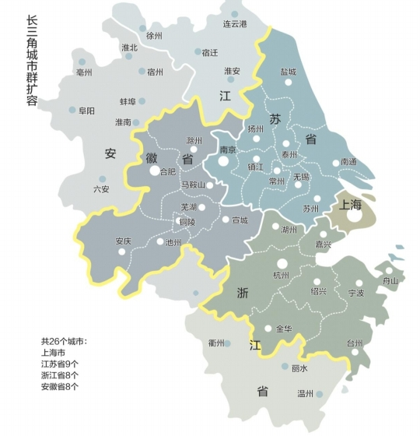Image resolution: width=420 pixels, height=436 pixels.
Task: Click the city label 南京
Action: pyautogui.click(x=228, y=149)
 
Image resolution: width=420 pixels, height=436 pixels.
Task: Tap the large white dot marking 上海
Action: pyautogui.click(x=354, y=216)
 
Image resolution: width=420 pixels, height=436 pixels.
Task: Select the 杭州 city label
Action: pyautogui.click(x=281, y=276)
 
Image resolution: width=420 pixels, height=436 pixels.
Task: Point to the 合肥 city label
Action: pyautogui.click(x=167, y=171)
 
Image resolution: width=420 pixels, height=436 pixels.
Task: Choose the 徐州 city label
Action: pyautogui.click(x=154, y=36)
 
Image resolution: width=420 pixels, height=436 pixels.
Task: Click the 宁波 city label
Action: pyautogui.click(x=356, y=294)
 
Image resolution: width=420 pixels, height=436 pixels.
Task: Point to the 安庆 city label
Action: pyautogui.click(x=123, y=241)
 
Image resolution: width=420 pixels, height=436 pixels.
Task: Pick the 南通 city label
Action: pyautogui.click(x=349, y=163)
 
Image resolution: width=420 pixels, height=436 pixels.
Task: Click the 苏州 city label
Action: pyautogui.click(x=310, y=209)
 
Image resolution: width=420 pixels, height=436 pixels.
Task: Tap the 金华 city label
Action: pyautogui.click(x=285, y=329)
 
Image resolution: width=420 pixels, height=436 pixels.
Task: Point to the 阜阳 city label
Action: pyautogui.click(x=86, y=111)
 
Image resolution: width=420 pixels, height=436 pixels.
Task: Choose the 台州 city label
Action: pyautogui.click(x=355, y=343)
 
